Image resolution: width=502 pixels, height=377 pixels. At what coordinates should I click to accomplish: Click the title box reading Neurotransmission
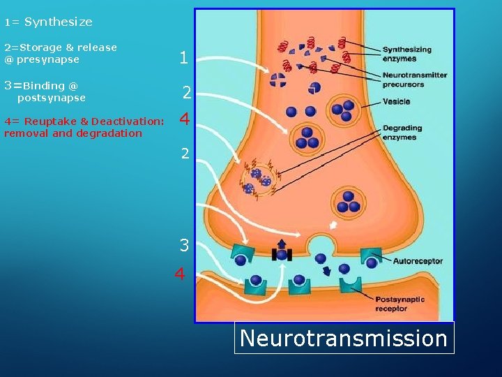point(344,338)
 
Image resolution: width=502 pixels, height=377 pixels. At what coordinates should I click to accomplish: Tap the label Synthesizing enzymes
point(406,54)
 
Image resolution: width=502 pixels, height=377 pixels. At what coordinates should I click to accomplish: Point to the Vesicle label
point(396,102)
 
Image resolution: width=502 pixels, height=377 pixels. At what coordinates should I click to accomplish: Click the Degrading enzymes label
point(400,133)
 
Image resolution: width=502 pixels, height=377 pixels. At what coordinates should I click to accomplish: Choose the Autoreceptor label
point(418,261)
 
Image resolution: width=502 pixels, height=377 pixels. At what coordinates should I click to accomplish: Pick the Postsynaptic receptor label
point(400,304)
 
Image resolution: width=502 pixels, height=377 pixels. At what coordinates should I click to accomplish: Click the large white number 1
point(183,59)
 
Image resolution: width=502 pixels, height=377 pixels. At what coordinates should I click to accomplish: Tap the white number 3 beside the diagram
point(184,245)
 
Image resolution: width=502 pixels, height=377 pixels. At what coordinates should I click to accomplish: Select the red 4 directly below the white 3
point(180,274)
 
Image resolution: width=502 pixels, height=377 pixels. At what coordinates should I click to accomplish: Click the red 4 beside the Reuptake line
point(185,120)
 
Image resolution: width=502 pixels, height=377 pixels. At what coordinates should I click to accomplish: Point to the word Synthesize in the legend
point(59,22)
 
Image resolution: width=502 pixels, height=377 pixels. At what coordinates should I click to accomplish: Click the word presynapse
point(48,59)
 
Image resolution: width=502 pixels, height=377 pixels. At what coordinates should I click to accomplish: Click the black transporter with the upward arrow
point(282,253)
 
